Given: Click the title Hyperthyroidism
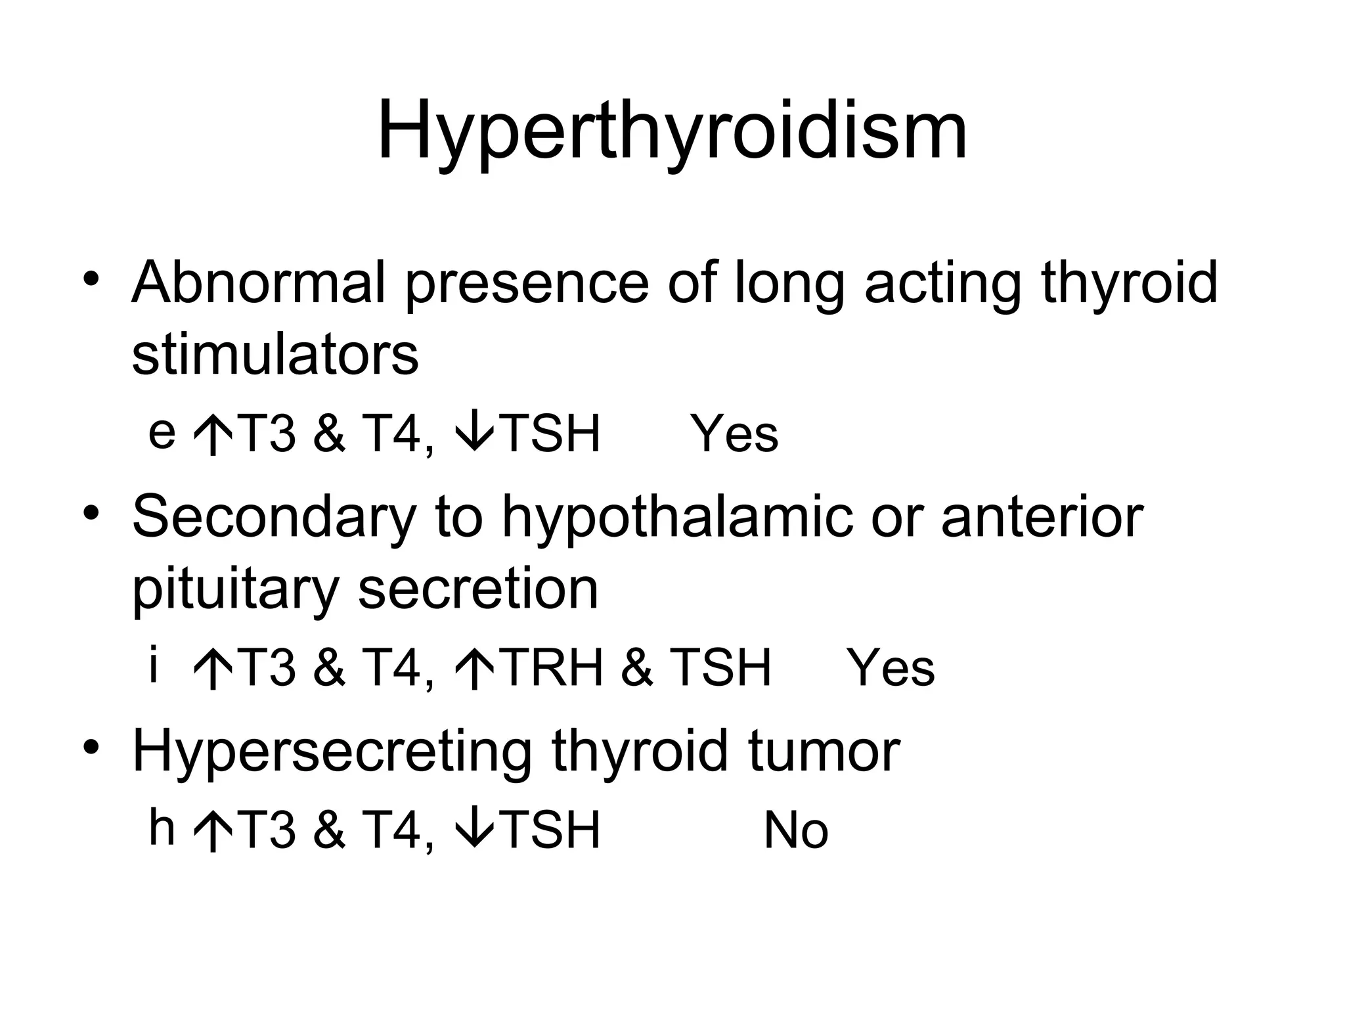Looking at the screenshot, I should tap(672, 131).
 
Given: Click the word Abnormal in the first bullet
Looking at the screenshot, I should tap(257, 283).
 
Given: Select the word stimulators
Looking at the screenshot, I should tap(275, 355).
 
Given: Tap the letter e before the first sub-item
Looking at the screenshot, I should tap(162, 434).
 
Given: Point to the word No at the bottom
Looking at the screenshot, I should tap(795, 831).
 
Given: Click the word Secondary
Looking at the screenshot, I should tap(274, 517).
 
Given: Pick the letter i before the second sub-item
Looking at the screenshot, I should tap(154, 665).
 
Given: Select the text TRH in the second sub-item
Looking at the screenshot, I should tap(554, 667).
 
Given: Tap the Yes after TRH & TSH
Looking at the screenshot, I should tap(891, 669).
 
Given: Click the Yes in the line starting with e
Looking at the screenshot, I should tap(734, 434).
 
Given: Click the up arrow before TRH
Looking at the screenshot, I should tap(474, 669).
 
